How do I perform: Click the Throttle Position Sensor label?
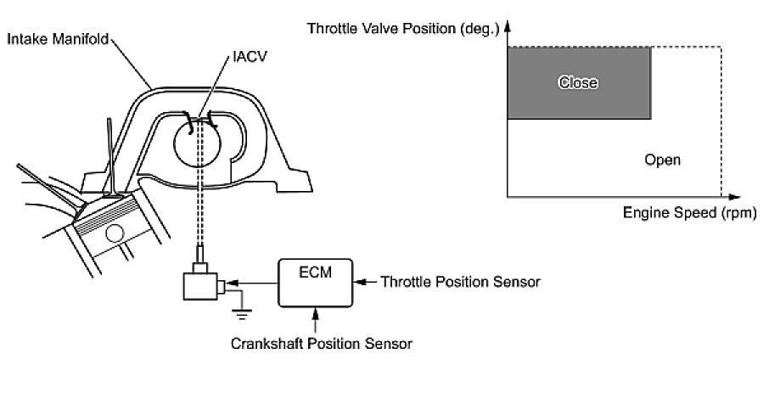pos(461,282)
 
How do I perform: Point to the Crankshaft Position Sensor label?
pos(322,344)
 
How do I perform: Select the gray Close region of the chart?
pos(578,82)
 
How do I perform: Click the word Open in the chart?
pos(662,160)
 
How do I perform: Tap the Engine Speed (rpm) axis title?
pos(688,213)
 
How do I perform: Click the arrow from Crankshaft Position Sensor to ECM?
pos(317,321)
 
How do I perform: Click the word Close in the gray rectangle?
pos(578,82)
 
